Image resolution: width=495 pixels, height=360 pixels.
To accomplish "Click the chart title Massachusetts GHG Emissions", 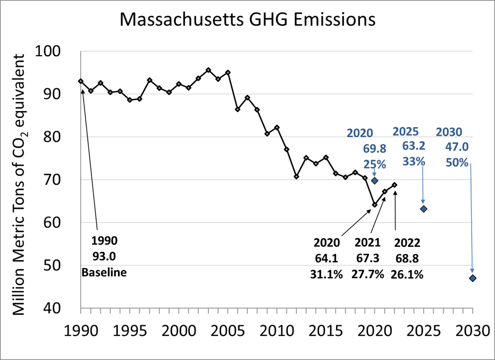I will (x=247, y=20).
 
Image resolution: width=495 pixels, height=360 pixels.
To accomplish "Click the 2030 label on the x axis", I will (x=472, y=330).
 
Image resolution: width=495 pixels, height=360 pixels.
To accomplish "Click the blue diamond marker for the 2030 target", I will (x=473, y=278).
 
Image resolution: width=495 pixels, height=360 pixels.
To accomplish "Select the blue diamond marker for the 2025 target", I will (x=424, y=209).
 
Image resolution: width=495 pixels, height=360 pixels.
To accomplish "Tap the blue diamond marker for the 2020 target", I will (x=374, y=180).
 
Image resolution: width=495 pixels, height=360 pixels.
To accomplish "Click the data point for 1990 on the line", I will (x=81, y=81).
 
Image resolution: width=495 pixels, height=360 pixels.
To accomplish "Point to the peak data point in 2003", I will (x=208, y=70).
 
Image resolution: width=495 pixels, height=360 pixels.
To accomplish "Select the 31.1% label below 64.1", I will (x=326, y=275).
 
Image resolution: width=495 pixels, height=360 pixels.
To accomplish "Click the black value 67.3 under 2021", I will (x=367, y=259).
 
